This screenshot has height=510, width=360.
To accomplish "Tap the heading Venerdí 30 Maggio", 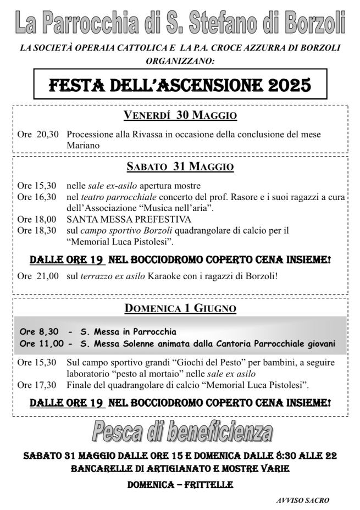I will pos(180,116).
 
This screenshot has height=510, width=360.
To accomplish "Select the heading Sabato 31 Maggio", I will pos(180,167).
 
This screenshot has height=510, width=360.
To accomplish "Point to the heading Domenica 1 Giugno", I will pos(180,308).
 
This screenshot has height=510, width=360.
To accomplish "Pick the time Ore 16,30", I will pos(37,197).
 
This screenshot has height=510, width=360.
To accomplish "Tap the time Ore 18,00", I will pos(37,219).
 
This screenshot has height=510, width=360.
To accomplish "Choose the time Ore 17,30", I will pos(37,384).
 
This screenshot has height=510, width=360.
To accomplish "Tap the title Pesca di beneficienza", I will pos(181,433).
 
